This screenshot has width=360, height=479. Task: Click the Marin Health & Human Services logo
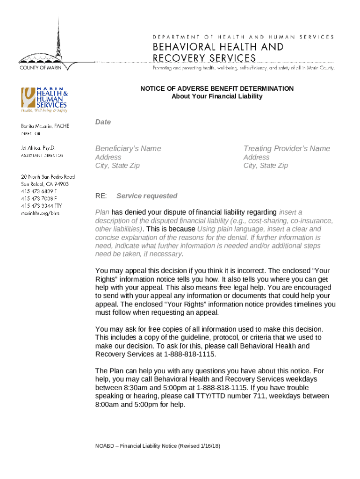(43, 100)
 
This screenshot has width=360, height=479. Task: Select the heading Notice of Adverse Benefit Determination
(217, 88)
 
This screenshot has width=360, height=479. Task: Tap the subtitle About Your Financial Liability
(217, 96)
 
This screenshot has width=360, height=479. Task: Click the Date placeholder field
(103, 122)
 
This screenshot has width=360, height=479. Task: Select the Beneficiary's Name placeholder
(128, 149)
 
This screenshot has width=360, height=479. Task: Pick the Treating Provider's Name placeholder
(287, 149)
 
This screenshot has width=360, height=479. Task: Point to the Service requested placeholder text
(147, 196)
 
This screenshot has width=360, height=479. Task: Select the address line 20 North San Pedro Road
(47, 177)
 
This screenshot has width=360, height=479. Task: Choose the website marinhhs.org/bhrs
(40, 213)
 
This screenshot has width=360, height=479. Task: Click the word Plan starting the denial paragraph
(102, 212)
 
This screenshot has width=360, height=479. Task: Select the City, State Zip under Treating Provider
(265, 166)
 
